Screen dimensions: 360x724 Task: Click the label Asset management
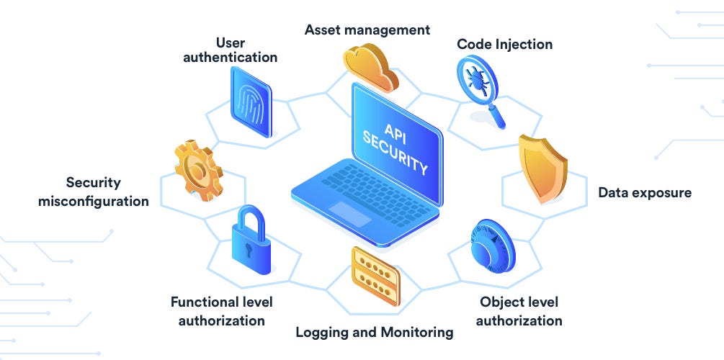pos(367,30)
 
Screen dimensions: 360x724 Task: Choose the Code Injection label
pos(504,44)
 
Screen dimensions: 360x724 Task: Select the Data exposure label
pos(644,192)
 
